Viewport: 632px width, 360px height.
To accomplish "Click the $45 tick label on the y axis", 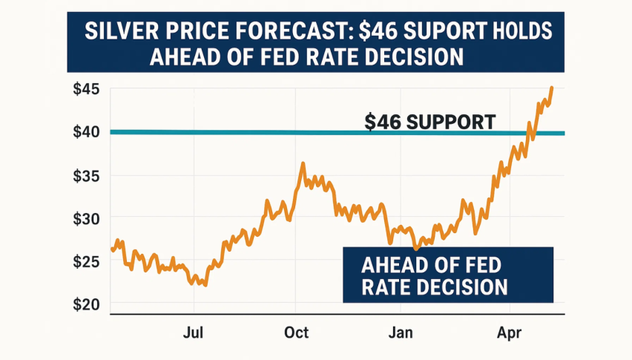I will point(88,91).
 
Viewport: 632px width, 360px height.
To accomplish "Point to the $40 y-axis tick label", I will point(88,132).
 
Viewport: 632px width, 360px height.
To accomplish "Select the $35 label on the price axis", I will point(88,176).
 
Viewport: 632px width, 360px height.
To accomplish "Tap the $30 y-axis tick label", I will point(88,218).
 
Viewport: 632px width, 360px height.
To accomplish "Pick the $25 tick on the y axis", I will point(88,261).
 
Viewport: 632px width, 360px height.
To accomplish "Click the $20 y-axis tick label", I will point(88,304).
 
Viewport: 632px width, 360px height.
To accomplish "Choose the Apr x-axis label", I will point(510,333).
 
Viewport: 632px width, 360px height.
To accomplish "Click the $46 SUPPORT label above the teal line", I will point(429,121).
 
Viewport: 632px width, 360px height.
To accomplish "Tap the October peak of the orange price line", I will point(303,163).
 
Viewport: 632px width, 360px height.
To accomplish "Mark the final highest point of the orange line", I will point(551,88).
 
